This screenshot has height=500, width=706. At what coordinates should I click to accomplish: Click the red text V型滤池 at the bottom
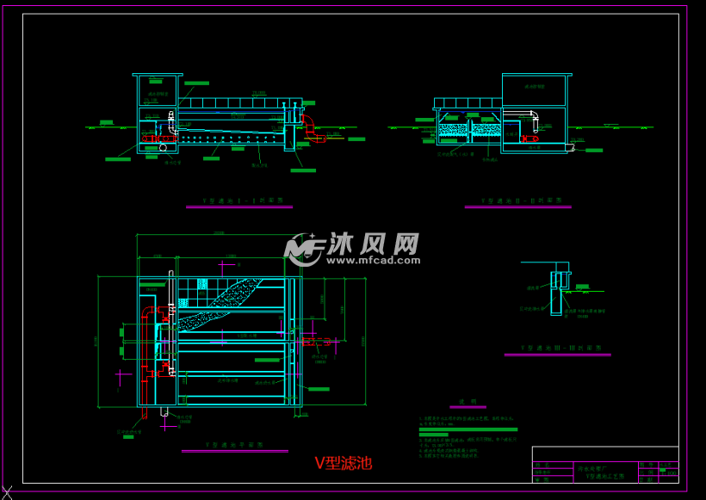[x=343, y=463]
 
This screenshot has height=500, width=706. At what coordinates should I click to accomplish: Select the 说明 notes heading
[x=468, y=401]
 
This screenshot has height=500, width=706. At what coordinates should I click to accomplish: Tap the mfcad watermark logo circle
[x=304, y=249]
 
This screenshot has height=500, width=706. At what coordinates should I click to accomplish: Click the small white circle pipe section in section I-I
[x=163, y=148]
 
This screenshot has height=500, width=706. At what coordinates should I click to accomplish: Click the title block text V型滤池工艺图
[x=606, y=475]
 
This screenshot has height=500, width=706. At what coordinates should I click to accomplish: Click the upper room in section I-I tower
[x=157, y=91]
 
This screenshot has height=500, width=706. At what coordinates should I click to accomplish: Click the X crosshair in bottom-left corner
[x=7, y=492]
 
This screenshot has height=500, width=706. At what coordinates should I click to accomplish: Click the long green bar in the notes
[x=468, y=429]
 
